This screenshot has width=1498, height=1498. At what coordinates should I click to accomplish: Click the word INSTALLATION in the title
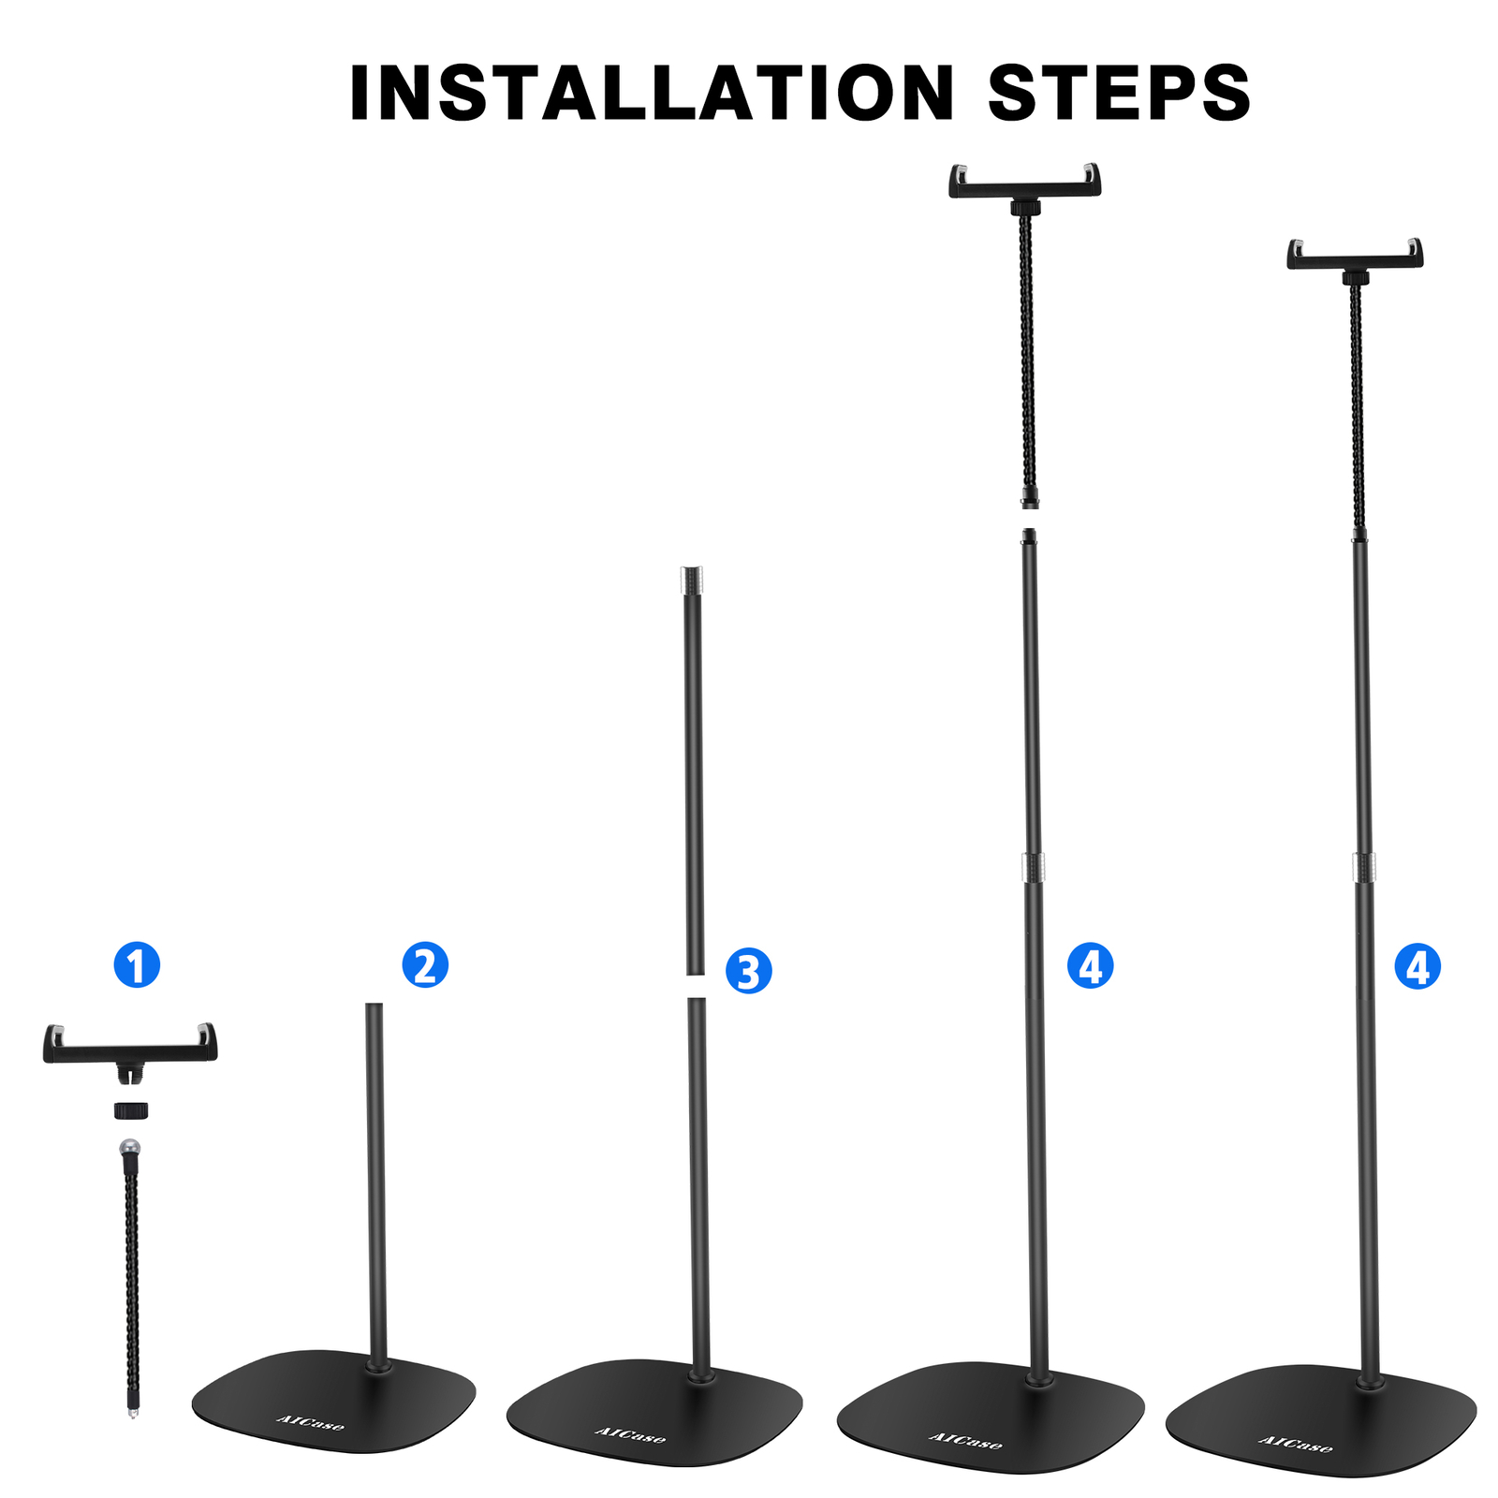(651, 94)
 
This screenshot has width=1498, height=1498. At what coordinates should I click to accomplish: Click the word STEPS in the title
(1119, 94)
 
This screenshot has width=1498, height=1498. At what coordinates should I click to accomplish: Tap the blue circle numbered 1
(137, 964)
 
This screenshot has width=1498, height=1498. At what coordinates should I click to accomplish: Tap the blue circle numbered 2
(425, 964)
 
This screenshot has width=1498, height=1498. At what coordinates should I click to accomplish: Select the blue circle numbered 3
(748, 971)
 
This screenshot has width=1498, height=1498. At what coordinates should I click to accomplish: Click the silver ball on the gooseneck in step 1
(129, 1147)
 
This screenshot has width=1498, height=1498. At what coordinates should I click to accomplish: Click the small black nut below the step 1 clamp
(131, 1110)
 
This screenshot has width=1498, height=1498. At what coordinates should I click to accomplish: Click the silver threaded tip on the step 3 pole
(692, 579)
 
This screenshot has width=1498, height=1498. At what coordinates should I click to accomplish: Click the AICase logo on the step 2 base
(311, 1422)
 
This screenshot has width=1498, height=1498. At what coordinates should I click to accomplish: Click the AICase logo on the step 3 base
(630, 1434)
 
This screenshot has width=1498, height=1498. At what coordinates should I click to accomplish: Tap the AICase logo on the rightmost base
(1295, 1443)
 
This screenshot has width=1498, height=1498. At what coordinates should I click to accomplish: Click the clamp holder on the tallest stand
(1025, 182)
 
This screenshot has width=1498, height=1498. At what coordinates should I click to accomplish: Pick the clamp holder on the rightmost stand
(1355, 256)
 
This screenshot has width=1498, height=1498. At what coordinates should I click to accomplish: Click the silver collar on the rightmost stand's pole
(1364, 867)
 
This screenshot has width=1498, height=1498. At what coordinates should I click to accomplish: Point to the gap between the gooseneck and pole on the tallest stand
(1030, 519)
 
